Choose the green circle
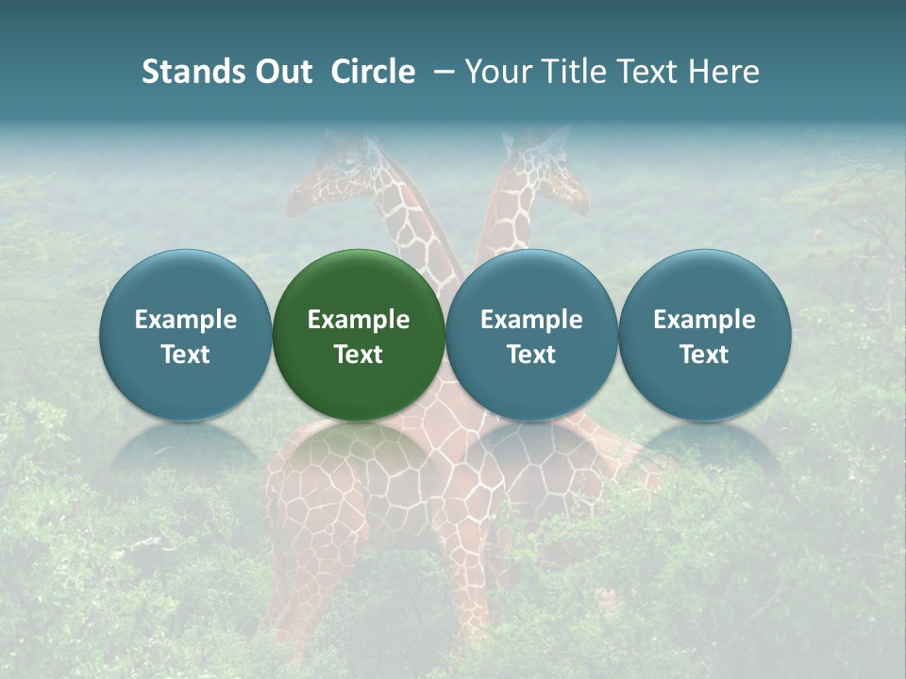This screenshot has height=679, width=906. coord(359,336)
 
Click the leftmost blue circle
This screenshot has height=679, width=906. coord(186,336)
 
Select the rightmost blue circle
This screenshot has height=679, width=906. coord(704,336)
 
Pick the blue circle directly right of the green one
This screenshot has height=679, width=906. coord(531,336)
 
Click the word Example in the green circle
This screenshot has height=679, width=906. coord(359,320)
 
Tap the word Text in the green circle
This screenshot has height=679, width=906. coord(359,355)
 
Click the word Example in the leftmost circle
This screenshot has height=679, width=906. coord(186,320)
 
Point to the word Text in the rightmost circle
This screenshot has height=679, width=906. coord(704,355)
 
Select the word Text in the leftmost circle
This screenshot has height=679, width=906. coord(186,355)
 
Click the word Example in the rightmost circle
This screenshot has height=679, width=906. coord(704,320)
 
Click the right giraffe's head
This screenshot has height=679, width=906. coord(547,170)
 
